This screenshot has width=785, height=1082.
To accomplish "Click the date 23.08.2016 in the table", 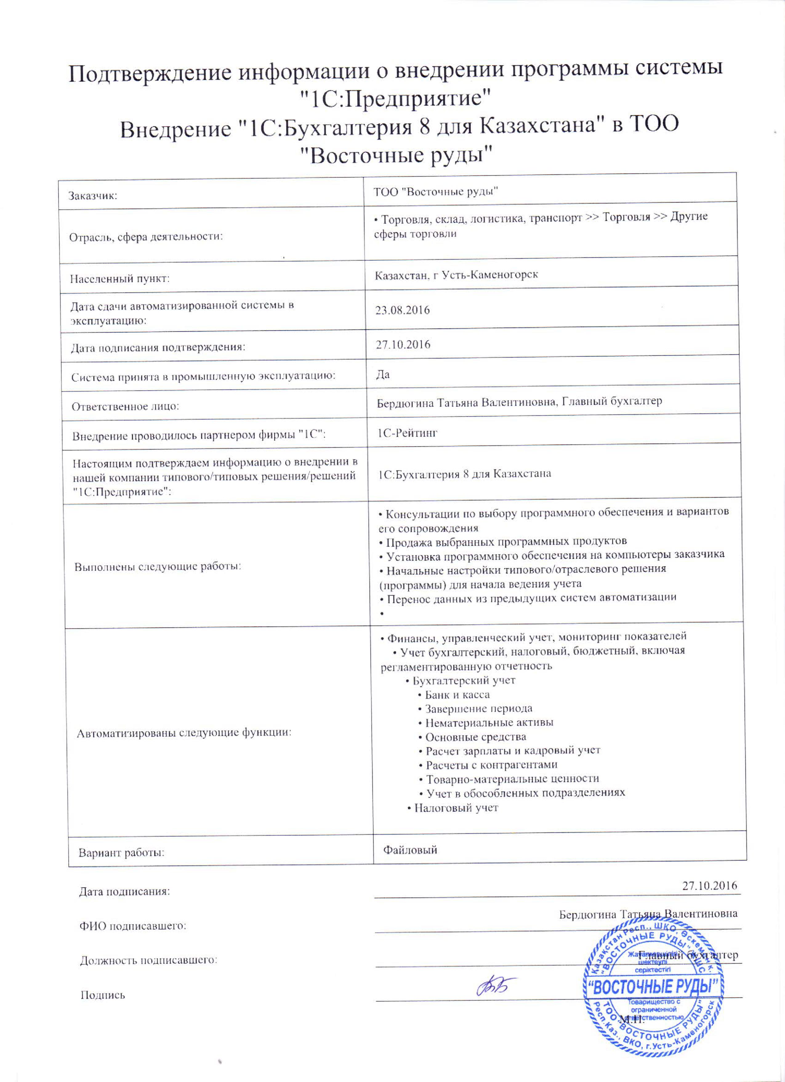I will [x=403, y=310].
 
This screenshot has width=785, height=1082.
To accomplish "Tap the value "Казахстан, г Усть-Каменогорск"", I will [x=457, y=275].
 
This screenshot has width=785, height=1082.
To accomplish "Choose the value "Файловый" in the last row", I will [x=411, y=850].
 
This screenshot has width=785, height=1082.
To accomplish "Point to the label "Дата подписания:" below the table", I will [x=124, y=891].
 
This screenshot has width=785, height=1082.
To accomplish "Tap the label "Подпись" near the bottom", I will [x=103, y=995].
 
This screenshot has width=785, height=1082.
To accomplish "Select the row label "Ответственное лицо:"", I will [x=125, y=407].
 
